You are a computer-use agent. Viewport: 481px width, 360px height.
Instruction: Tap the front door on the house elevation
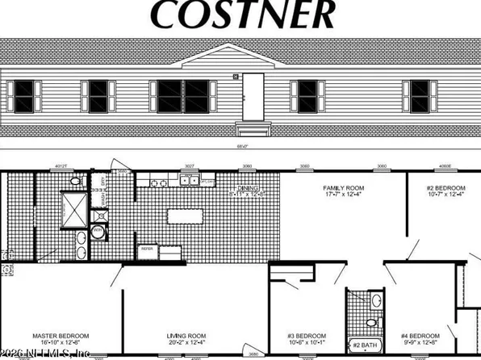tap(253, 95)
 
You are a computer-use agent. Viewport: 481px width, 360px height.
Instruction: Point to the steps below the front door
tap(253, 128)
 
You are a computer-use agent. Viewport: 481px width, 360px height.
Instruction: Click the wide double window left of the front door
tap(182, 96)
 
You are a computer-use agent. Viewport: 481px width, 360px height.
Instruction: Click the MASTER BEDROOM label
tap(61, 335)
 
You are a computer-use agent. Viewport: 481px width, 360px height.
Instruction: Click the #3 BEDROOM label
tap(307, 335)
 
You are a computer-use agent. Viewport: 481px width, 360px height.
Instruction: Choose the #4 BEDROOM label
tap(420, 335)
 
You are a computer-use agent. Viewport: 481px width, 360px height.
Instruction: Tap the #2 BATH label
tap(365, 345)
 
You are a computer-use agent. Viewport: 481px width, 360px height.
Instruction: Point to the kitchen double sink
tap(188, 181)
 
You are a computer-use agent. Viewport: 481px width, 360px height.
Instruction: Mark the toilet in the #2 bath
tap(376, 303)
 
